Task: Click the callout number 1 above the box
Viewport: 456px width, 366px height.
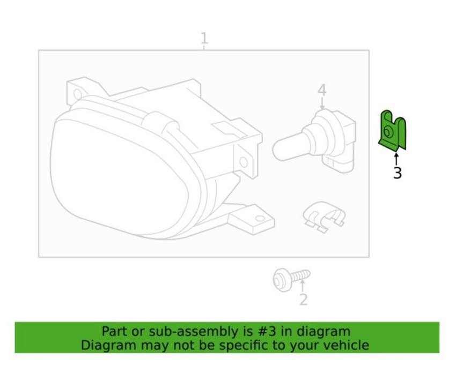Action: click(x=204, y=39)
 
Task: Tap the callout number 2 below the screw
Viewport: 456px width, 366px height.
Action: click(x=303, y=300)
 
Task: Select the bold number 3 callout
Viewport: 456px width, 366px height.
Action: click(x=397, y=173)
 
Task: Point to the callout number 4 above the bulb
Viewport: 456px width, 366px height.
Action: click(x=321, y=90)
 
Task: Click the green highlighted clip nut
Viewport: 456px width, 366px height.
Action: click(x=393, y=130)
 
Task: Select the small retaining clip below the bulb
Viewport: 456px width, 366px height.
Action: click(x=324, y=217)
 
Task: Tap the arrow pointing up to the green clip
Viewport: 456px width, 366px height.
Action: click(x=396, y=159)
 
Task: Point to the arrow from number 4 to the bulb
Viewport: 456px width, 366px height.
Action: click(x=321, y=103)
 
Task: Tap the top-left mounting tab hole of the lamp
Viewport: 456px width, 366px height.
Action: click(x=77, y=94)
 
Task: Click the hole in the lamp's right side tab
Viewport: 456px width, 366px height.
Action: click(x=243, y=161)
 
